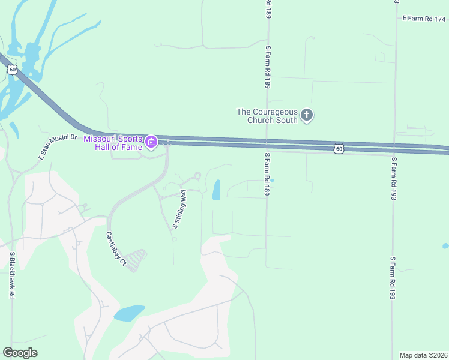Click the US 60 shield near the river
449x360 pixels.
pos(12,70)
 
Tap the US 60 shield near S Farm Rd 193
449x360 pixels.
pos(339,148)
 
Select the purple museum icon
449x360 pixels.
pos(151,143)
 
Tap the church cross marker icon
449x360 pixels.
pos(307,115)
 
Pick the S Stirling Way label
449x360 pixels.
pos(179,209)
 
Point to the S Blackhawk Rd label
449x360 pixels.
pos(11,275)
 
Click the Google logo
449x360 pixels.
pos(20,353)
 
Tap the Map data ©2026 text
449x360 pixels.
pos(423,355)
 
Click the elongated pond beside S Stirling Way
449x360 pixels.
pos(216,190)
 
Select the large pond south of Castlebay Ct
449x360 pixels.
pos(129,313)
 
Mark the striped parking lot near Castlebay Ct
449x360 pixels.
pos(136,259)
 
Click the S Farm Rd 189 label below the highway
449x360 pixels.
pos(267,173)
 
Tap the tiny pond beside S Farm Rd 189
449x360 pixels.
pos(272,180)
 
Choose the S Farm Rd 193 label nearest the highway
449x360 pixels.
pos(394,175)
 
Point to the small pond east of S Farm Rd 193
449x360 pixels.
pos(445,246)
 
